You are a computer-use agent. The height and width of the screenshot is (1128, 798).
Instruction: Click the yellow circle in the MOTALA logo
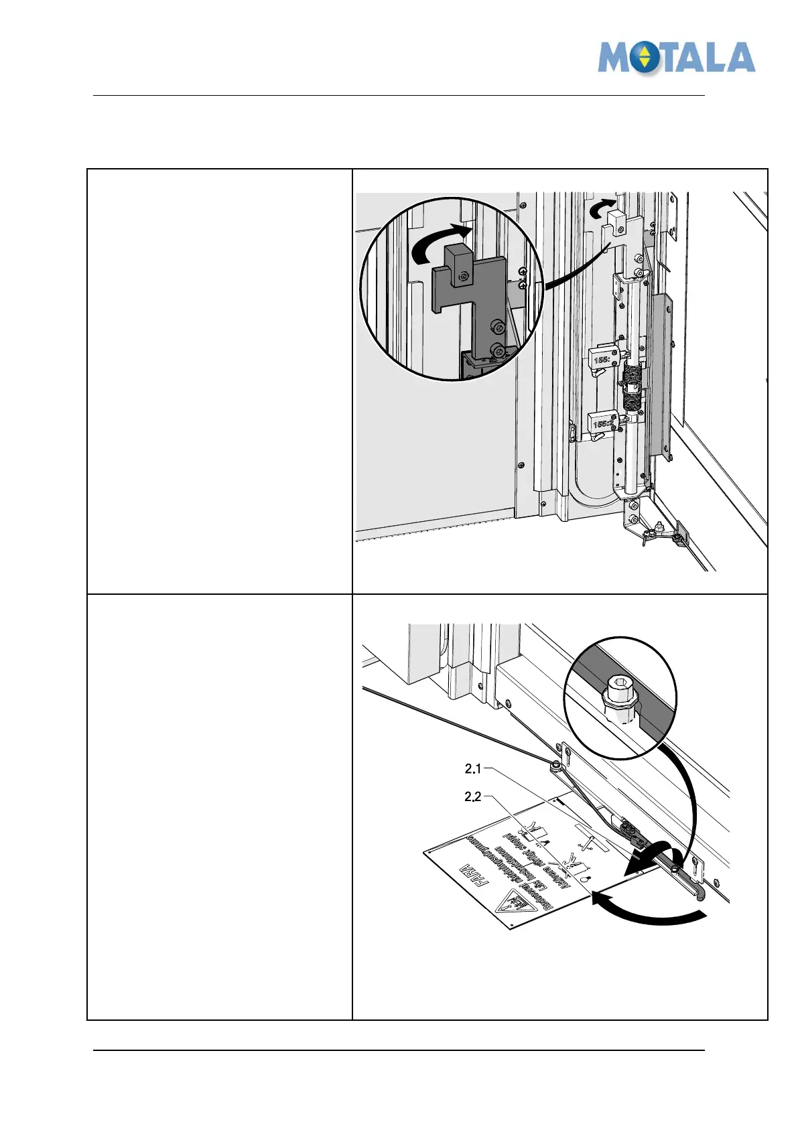[x=643, y=58]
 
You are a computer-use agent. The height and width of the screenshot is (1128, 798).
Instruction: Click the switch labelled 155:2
[x=602, y=423]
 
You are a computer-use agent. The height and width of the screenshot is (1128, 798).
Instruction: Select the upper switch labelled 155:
[x=601, y=358]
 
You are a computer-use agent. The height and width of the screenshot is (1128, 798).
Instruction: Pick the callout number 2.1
[x=473, y=769]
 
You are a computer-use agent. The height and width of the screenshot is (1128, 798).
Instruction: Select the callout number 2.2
[x=473, y=797]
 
